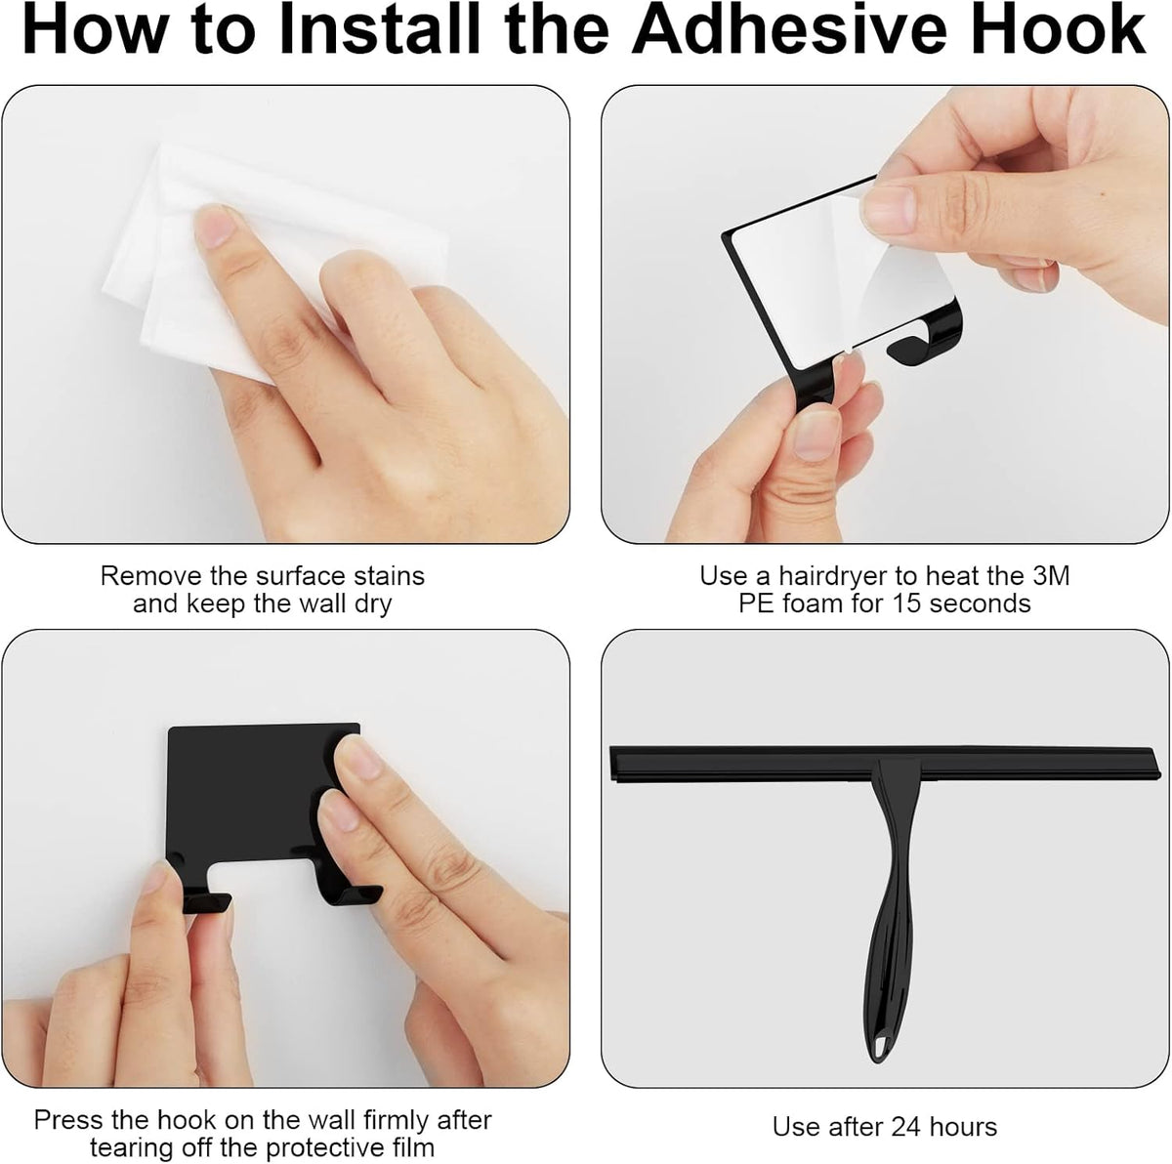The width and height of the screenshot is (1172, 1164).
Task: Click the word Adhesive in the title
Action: pos(789,30)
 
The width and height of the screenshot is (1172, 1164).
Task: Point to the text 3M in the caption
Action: pos(1051,576)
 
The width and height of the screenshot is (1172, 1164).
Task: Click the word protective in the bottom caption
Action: pos(325,1147)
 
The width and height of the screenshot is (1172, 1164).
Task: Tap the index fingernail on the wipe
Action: pos(216,228)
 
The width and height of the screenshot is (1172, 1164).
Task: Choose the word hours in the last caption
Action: pos(963,1127)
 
